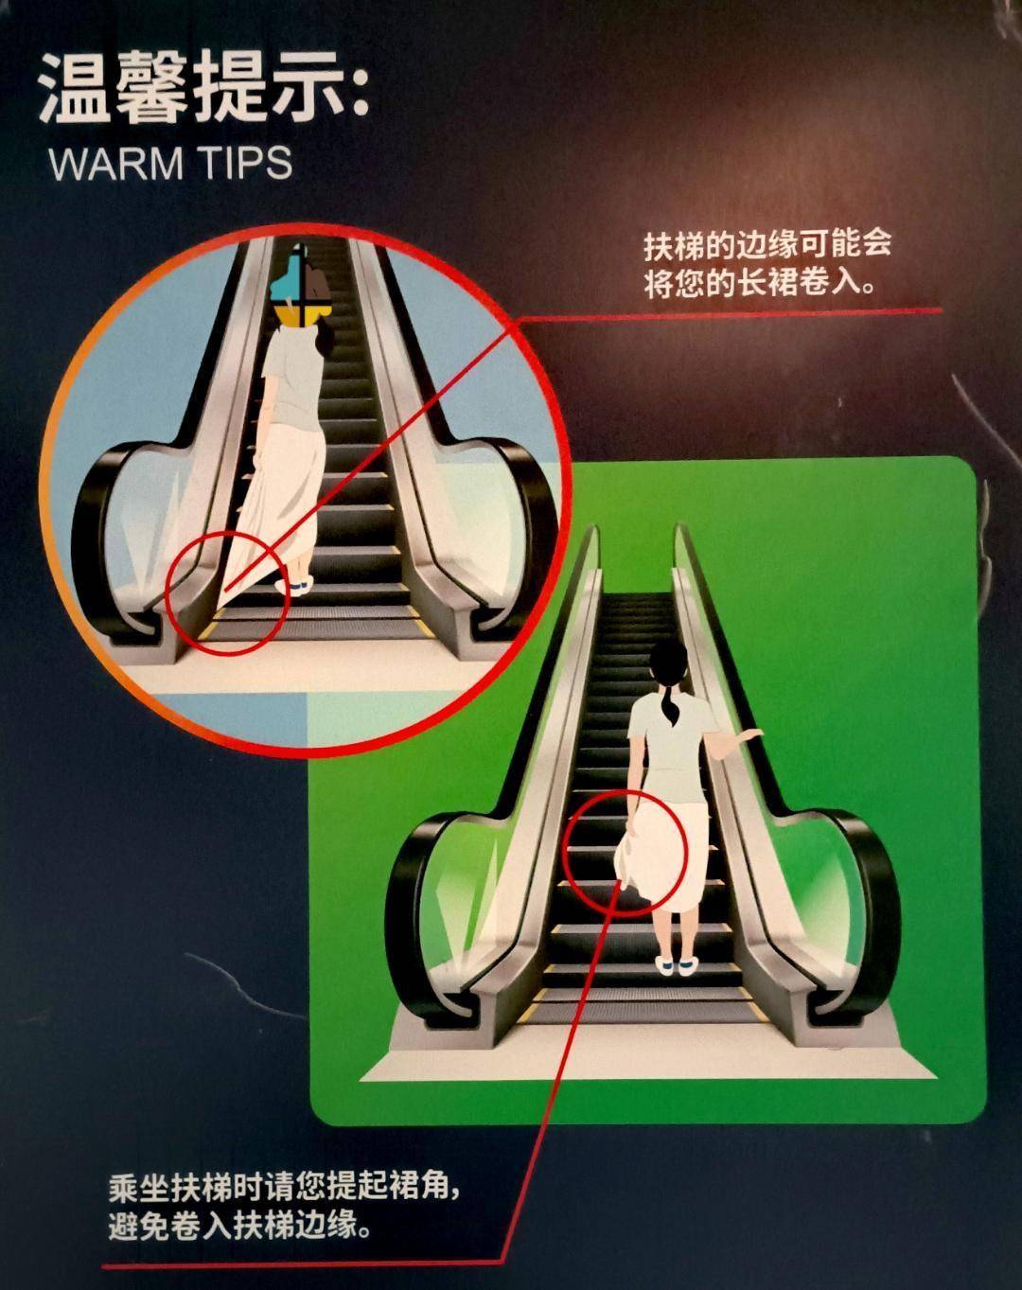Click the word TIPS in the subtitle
tap(245, 163)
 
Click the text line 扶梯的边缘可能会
tap(767, 246)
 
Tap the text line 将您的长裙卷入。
tap(759, 283)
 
